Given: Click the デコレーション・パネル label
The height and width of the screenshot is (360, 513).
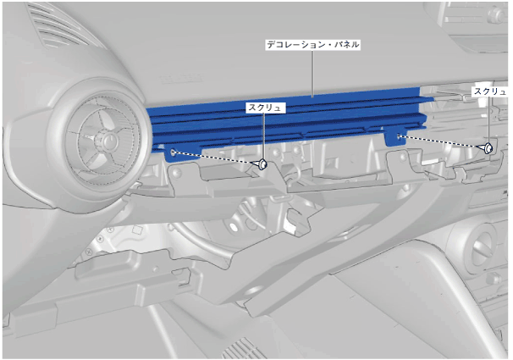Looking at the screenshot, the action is coord(312,45).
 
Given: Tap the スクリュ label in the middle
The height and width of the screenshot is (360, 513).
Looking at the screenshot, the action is coord(265,108).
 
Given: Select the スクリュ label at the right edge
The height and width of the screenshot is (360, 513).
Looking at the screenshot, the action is coord(491,91).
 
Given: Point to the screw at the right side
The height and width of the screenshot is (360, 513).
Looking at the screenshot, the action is coord(487,148).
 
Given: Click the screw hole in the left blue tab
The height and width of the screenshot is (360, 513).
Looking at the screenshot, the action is coord(173,152).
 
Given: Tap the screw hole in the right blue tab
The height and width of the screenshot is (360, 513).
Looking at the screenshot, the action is coord(399,136).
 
